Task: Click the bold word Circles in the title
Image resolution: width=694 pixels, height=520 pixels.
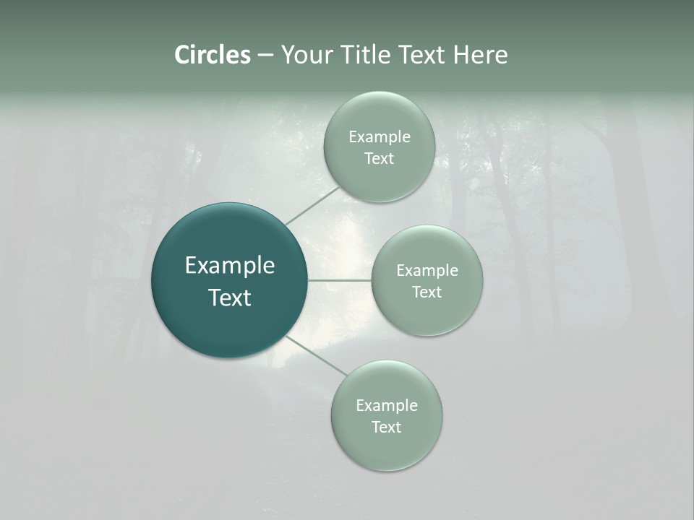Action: [213, 55]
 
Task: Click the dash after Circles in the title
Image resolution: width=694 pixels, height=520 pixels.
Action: [265, 56]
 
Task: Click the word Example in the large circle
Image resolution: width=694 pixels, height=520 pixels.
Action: [230, 266]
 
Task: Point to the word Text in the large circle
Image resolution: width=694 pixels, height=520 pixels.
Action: [230, 298]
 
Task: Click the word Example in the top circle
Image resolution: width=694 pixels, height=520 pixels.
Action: [380, 137]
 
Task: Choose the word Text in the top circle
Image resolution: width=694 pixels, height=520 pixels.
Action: [380, 159]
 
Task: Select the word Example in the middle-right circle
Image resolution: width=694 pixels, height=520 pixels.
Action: [427, 271]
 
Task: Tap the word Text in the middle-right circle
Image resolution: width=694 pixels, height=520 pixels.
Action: [427, 292]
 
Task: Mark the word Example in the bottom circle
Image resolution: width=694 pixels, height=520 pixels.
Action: [387, 406]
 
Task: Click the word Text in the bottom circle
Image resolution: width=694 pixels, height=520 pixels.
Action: [387, 428]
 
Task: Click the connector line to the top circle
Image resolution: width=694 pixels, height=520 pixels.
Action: [312, 205]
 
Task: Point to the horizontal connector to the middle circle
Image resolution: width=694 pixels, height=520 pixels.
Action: [340, 280]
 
